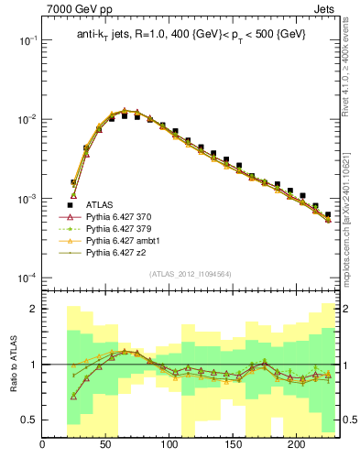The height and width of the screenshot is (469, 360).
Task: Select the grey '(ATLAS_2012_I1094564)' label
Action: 189,274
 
